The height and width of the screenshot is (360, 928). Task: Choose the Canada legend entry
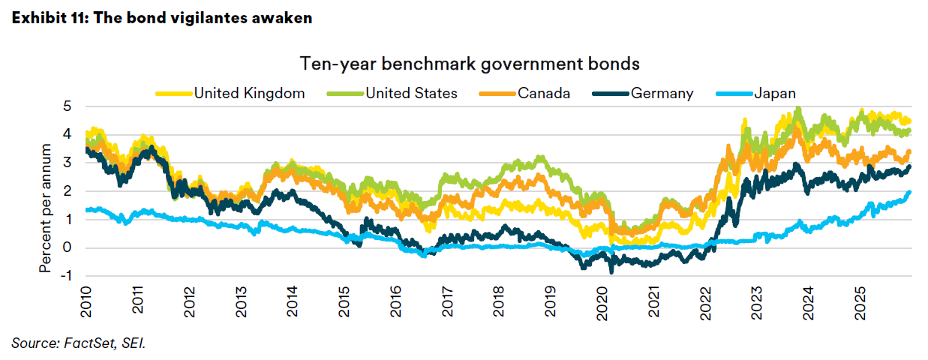[543, 93]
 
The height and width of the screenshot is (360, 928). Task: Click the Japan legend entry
[774, 93]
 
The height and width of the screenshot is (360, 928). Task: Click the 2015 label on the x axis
[343, 301]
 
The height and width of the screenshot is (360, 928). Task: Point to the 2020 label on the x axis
[602, 301]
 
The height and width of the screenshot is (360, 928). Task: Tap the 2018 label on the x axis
[498, 301]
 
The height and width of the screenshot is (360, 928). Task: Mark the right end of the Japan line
[910, 192]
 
